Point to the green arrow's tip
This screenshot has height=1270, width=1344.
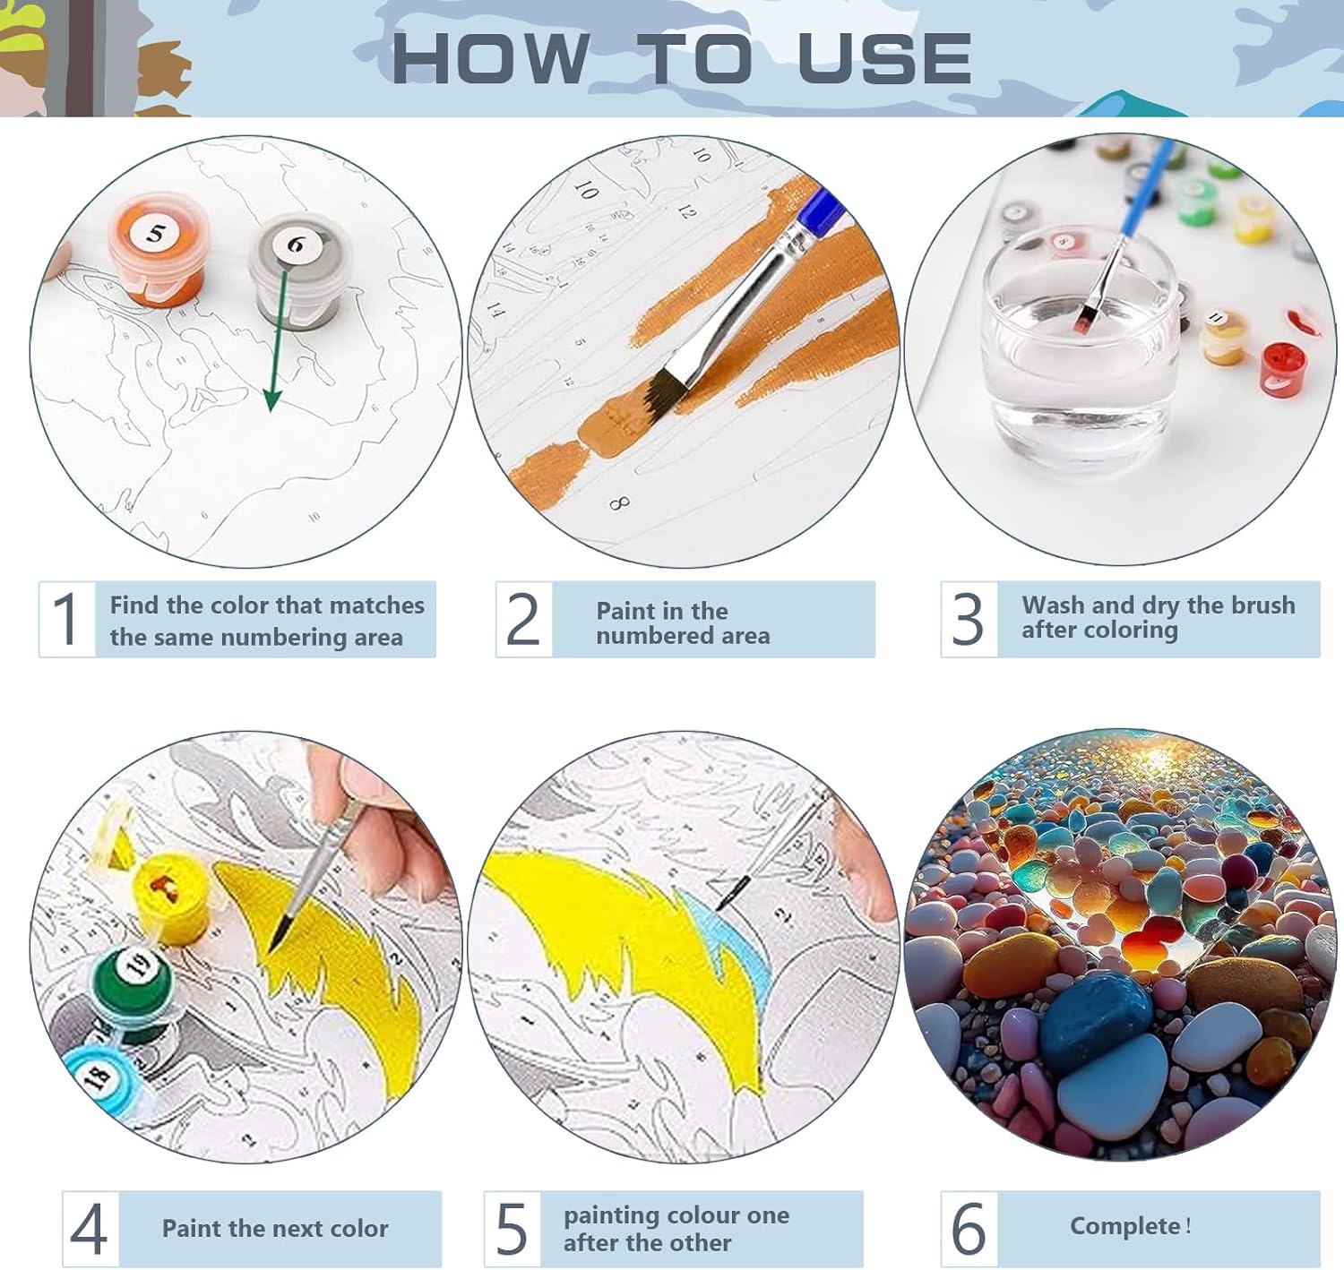point(271,411)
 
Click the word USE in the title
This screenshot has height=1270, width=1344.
point(884,59)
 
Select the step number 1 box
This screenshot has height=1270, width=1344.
point(67,619)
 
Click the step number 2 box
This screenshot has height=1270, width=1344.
point(523,619)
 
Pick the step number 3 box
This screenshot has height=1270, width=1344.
point(969,619)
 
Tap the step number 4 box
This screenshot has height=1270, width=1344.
point(90,1229)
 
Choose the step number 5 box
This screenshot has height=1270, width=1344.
point(512,1229)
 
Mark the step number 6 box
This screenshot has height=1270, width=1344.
point(969,1229)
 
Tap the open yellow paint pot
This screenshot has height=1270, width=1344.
point(171,897)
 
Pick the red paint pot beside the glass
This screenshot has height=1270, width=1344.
point(1281,369)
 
